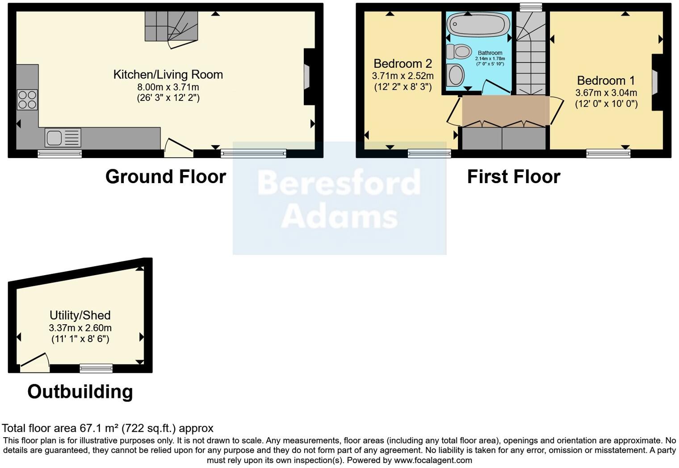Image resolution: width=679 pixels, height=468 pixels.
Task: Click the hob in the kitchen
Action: (x=27, y=100)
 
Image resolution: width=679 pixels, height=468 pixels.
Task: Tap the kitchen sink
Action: (x=63, y=138)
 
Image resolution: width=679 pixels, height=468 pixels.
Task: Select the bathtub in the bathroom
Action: (x=478, y=24)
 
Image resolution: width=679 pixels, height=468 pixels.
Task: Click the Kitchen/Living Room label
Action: (x=168, y=75)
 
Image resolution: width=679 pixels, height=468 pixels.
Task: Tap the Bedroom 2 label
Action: (x=402, y=64)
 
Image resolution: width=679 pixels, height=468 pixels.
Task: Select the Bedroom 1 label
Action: (x=606, y=81)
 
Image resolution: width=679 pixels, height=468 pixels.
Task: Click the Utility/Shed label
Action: (x=80, y=315)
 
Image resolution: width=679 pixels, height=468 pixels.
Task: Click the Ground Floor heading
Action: (x=166, y=177)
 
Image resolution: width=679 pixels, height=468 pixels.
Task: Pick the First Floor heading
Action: (x=513, y=177)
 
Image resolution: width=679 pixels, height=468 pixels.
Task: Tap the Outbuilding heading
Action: (x=80, y=392)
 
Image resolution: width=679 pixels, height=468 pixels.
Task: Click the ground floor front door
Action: (x=179, y=149)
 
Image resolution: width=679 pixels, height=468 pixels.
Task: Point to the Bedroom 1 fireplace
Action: (x=655, y=83)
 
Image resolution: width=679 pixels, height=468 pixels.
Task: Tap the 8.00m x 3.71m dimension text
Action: (x=168, y=87)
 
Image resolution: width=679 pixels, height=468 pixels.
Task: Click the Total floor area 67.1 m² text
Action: (x=108, y=428)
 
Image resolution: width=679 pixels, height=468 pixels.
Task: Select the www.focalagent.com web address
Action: (x=433, y=460)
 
